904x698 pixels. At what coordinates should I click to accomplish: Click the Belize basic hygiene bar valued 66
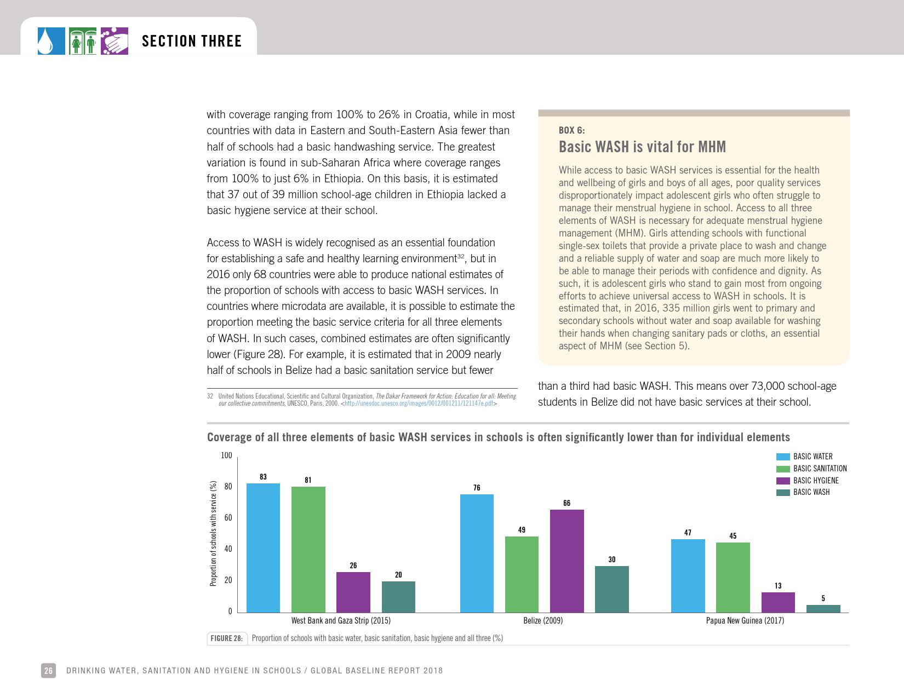pos(567,561)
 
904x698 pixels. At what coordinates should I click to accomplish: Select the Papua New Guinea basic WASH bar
pos(823,609)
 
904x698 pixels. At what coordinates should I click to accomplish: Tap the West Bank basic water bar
pos(263,547)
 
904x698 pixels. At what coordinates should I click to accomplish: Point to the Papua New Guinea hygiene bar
pos(778,602)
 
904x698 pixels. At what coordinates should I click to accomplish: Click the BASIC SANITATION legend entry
pos(820,469)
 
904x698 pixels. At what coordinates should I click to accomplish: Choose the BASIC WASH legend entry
pos(811,492)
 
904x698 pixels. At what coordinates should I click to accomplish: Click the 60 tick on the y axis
pos(227,518)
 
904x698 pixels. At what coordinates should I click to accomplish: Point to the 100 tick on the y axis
pos(226,455)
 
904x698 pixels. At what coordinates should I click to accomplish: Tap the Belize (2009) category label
pos(543,621)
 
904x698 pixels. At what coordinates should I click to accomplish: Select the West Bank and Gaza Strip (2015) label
pos(341,621)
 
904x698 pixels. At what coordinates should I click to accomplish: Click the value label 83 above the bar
pos(263,477)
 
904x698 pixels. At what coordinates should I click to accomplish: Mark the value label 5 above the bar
pos(823,598)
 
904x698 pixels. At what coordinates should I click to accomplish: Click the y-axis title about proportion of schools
pos(213,533)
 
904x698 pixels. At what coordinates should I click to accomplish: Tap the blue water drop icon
pos(51,41)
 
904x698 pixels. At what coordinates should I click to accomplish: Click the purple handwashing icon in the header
pos(115,41)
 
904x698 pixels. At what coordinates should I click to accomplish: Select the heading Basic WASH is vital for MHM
pos(642,147)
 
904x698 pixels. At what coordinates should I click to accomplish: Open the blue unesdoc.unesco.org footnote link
pos(419,403)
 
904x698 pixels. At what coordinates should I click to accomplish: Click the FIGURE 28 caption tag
pos(226,638)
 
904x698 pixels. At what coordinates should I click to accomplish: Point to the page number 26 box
pos(48,671)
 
